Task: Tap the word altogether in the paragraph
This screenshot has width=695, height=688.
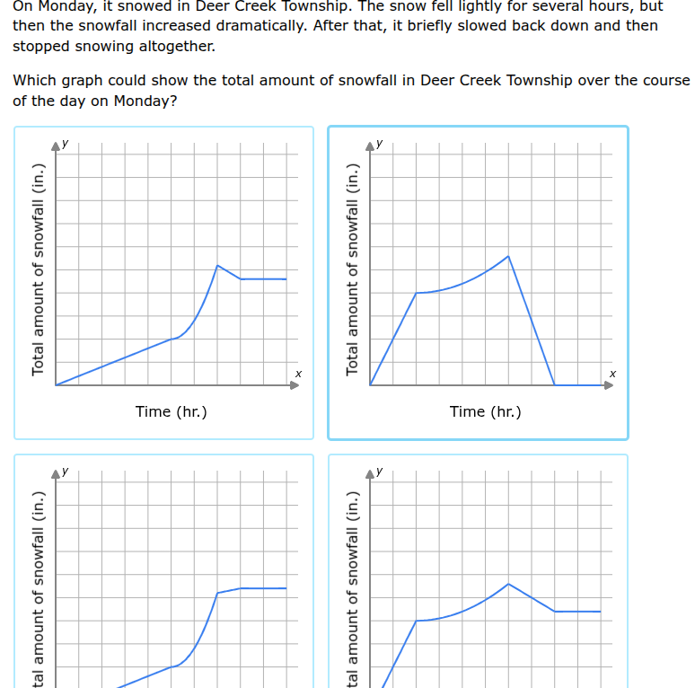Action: [x=175, y=46]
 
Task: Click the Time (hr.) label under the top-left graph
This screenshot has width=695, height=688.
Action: [x=171, y=411]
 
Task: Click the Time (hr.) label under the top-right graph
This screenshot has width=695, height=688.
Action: [x=485, y=411]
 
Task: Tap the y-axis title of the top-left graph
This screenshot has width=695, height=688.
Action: [x=38, y=269]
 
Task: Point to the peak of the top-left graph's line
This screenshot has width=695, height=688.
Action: [x=217, y=265]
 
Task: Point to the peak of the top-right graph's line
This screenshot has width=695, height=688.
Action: [x=508, y=256]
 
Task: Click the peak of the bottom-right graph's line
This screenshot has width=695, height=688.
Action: [x=508, y=584]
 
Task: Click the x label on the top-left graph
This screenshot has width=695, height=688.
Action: [x=298, y=373]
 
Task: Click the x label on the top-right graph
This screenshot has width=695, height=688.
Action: [x=612, y=373]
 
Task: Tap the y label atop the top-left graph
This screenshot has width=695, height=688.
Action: [x=65, y=142]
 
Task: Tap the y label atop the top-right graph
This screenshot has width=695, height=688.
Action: [x=379, y=142]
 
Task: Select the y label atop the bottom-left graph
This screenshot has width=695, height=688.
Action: [x=65, y=470]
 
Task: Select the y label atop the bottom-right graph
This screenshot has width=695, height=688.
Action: [x=379, y=470]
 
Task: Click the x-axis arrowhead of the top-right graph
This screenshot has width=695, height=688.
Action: [x=608, y=385]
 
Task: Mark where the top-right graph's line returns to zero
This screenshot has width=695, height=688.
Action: [x=555, y=385]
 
